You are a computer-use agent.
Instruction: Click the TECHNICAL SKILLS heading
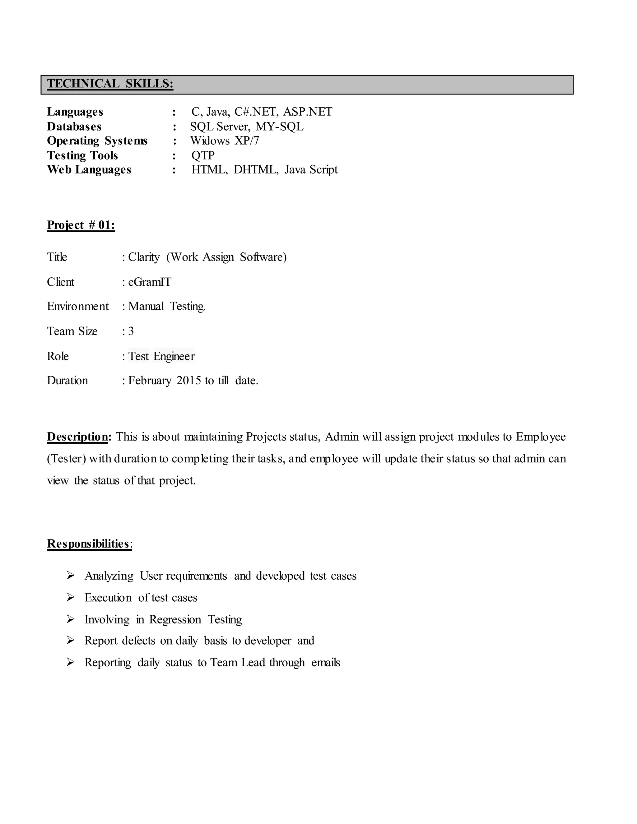coord(110,83)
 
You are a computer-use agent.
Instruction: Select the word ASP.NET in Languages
coord(308,112)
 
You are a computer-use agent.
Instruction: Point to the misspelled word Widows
coord(210,141)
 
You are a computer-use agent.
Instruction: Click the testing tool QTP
coord(203,155)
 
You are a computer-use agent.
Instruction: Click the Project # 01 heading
coord(81,225)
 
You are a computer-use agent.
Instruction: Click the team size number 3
coord(131,331)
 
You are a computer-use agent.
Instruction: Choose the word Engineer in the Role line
coord(174,356)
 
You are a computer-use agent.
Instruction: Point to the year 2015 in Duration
coord(189,380)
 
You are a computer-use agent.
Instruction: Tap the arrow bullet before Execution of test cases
coord(71,597)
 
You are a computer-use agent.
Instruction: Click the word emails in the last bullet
coord(326,663)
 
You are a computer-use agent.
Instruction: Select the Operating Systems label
coord(97,141)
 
